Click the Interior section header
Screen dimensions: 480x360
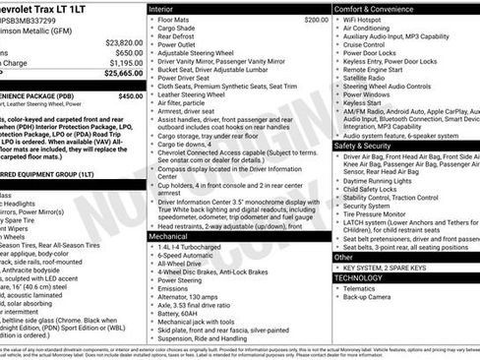click(161, 8)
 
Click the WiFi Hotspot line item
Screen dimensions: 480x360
click(370, 20)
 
